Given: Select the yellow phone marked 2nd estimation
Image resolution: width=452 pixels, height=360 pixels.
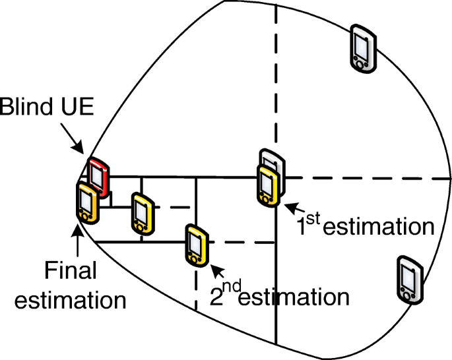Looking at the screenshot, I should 195,245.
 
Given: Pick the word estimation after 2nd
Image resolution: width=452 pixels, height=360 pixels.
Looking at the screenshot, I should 293,297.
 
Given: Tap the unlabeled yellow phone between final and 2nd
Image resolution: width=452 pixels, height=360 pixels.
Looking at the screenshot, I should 141,212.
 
